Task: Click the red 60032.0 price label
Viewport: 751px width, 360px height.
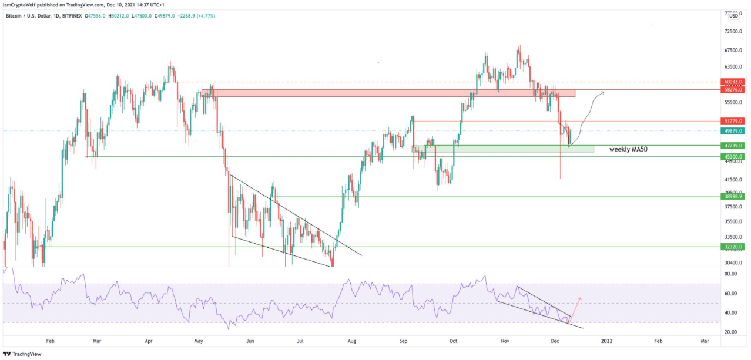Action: tap(733, 82)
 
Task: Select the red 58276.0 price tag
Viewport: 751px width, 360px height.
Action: tap(733, 89)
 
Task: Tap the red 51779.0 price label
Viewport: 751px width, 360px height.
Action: tap(733, 121)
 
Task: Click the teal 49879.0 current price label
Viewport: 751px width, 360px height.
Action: tap(733, 131)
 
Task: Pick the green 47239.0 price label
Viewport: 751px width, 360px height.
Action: tap(733, 145)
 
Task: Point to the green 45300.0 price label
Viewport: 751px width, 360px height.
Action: tap(733, 157)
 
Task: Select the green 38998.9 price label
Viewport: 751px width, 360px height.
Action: tap(733, 197)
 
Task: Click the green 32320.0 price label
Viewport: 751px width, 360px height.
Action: tap(733, 247)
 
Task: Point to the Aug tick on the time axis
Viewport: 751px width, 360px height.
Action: tap(352, 341)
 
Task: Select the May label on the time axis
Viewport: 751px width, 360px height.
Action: tap(199, 341)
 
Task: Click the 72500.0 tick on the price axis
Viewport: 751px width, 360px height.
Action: tap(733, 31)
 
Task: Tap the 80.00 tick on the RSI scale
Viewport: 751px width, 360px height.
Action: tap(732, 274)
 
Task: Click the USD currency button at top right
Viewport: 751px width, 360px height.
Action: tap(733, 16)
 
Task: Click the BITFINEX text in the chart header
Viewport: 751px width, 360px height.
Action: tap(69, 16)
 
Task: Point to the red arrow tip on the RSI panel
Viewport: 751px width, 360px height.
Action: tap(581, 298)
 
